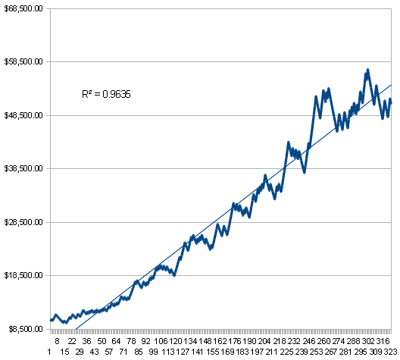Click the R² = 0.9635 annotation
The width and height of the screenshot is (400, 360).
pyautogui.click(x=106, y=94)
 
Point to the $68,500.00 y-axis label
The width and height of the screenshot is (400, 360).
pyautogui.click(x=23, y=8)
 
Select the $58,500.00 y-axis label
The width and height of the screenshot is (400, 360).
pyautogui.click(x=23, y=61)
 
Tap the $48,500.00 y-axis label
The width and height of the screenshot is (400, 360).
pyautogui.click(x=23, y=115)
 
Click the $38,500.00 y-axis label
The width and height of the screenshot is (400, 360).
pyautogui.click(x=23, y=169)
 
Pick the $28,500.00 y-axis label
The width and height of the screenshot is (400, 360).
pyautogui.click(x=23, y=222)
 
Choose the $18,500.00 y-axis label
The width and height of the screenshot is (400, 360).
pyautogui.click(x=23, y=276)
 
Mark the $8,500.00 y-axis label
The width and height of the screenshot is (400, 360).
pyautogui.click(x=26, y=329)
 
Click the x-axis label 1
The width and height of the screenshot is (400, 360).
pyautogui.click(x=49, y=352)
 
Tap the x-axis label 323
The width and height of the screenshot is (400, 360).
pyautogui.click(x=391, y=352)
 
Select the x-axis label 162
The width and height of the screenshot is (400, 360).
pyautogui.click(x=220, y=341)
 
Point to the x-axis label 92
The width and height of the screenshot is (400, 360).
pyautogui.click(x=145, y=341)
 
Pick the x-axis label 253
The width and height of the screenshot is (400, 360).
pyautogui.click(x=317, y=352)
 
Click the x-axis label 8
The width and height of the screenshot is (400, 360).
pyautogui.click(x=57, y=341)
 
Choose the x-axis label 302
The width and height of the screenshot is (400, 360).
pyautogui.click(x=368, y=341)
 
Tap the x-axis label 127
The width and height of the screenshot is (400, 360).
pyautogui.click(x=183, y=352)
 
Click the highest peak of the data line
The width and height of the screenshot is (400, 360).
pyautogui.click(x=368, y=69)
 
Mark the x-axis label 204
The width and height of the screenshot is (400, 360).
pyautogui.click(x=264, y=341)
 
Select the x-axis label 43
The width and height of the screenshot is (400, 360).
pyautogui.click(x=94, y=352)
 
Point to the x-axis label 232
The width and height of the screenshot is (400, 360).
pyautogui.click(x=294, y=341)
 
